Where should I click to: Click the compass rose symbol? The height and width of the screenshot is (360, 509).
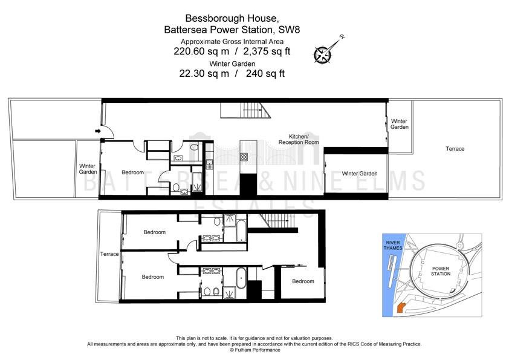point(323,54)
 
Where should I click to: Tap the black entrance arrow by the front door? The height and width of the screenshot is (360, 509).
point(98,131)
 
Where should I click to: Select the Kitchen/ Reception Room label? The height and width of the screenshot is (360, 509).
point(299,139)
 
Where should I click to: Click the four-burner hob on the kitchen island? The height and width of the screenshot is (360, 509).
point(244,157)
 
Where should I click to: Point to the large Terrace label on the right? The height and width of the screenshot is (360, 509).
point(455,149)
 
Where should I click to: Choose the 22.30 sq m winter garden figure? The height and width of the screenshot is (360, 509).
point(204,73)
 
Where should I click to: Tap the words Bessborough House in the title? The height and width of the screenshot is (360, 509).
point(230,18)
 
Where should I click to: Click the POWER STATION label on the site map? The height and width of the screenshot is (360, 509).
point(441,271)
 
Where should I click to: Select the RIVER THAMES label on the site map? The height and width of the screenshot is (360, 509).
point(393,245)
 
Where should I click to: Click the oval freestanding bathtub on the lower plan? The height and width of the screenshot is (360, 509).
point(241,278)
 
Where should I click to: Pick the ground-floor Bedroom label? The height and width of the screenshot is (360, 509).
point(132,172)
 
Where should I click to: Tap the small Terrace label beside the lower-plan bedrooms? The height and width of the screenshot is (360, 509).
point(109,254)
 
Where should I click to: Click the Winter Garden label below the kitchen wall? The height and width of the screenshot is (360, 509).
point(359,174)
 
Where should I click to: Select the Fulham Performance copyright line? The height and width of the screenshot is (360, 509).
point(255,350)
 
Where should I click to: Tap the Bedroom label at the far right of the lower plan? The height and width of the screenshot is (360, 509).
point(303,281)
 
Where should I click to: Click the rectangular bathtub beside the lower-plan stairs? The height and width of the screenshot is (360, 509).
point(241,231)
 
